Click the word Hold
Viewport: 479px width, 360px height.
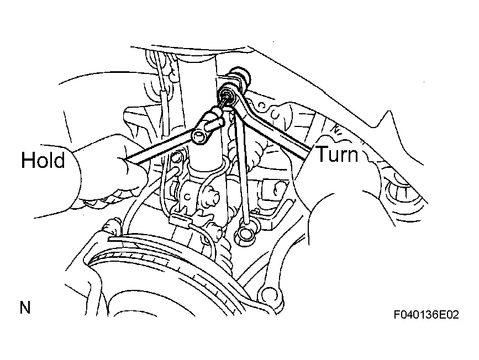click(x=43, y=160)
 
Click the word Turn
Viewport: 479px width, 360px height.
click(x=337, y=153)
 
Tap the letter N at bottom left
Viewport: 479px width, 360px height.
click(x=25, y=308)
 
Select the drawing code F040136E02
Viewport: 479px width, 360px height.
click(x=426, y=315)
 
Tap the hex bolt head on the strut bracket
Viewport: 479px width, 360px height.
click(x=211, y=197)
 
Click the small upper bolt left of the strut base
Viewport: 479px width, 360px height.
click(x=176, y=157)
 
